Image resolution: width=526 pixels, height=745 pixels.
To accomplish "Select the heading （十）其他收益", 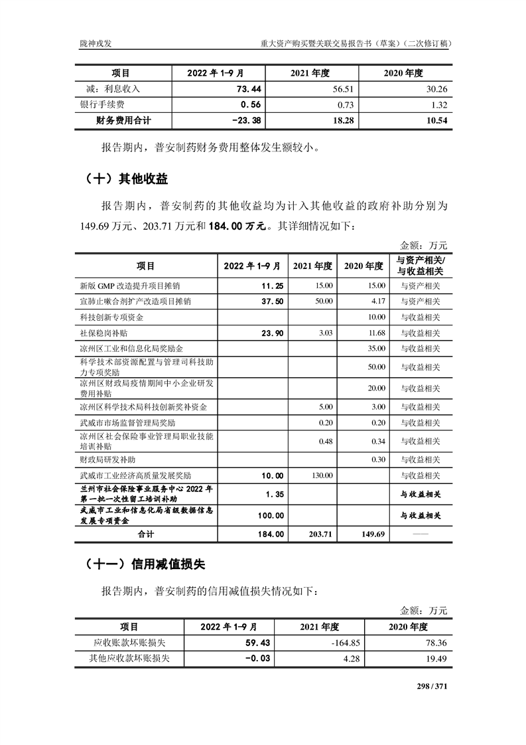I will [x=126, y=179].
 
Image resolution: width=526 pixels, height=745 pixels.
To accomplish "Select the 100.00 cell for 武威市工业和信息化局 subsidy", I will [x=271, y=515].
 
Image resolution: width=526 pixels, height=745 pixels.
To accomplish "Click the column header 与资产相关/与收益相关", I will [x=419, y=266].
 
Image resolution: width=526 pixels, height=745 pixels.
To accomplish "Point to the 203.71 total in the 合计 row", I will [x=319, y=533].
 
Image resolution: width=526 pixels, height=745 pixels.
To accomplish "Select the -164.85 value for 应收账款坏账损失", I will [x=344, y=643].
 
